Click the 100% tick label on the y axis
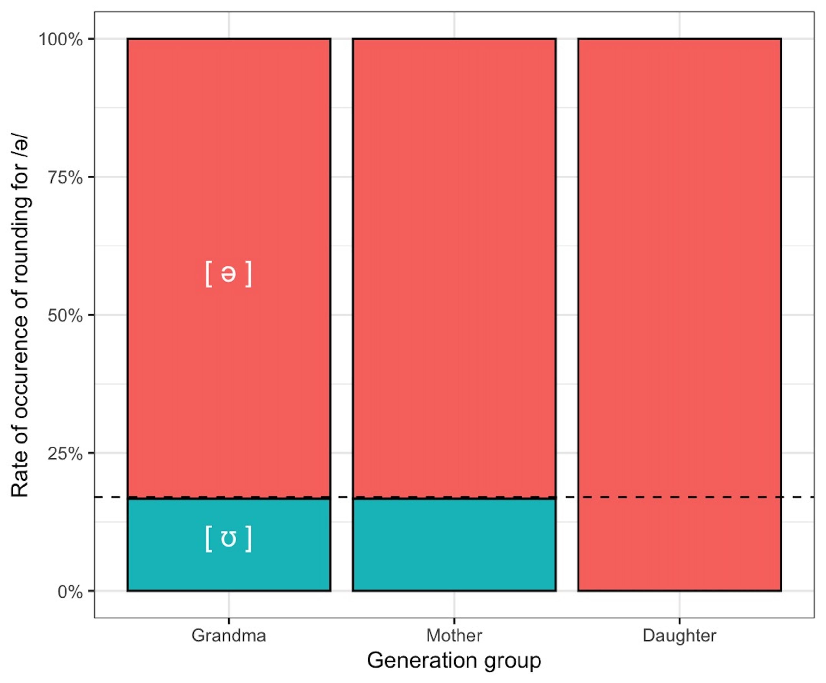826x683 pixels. pos(61,40)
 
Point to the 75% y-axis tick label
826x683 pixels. pos(65,178)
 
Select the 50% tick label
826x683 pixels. pos(65,316)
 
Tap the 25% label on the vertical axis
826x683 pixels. pos(65,454)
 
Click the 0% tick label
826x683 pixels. pos(70,592)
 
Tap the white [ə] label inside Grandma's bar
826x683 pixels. pos(228,274)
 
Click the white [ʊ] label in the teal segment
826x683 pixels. pos(228,539)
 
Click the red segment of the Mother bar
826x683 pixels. pos(454,267)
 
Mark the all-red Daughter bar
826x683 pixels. pos(679,315)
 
